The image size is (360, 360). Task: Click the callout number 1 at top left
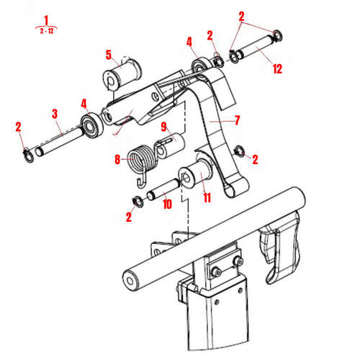[47, 19]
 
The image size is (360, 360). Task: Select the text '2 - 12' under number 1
[47, 31]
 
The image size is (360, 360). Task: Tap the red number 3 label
[54, 113]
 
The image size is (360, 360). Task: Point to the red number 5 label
[109, 55]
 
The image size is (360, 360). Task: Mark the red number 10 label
[166, 204]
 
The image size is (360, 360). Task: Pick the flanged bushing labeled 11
[194, 175]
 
